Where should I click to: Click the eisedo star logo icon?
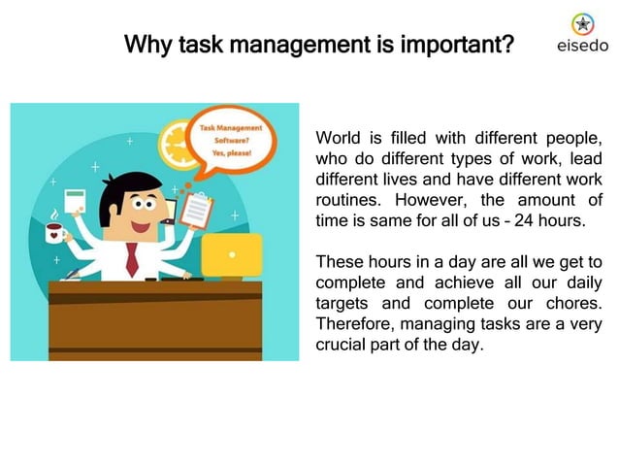(582, 23)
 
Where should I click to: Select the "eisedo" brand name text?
(582, 46)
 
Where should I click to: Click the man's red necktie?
(132, 258)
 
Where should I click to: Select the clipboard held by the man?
(198, 207)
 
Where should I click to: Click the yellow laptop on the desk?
(231, 255)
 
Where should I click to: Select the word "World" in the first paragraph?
(338, 139)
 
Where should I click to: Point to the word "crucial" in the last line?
(342, 345)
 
